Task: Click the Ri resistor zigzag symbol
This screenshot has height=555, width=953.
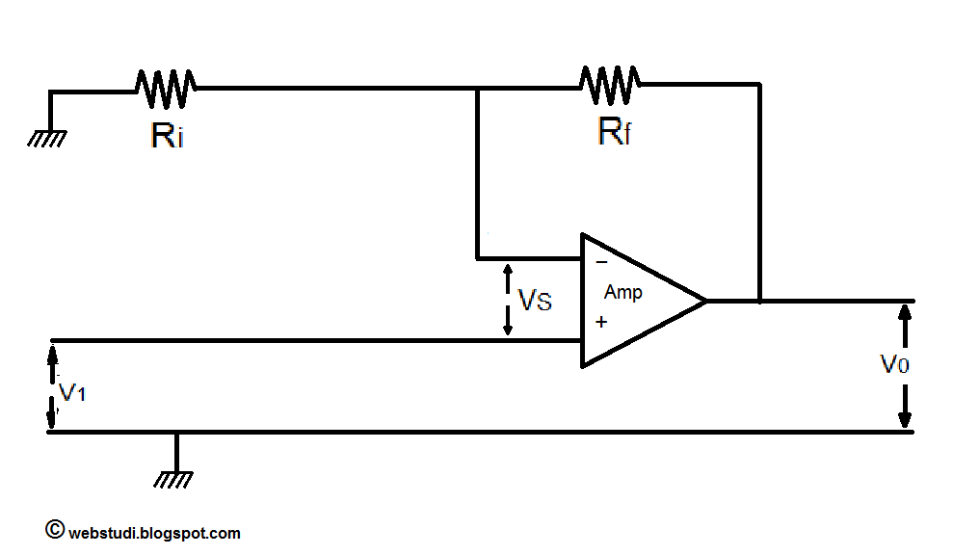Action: point(166,89)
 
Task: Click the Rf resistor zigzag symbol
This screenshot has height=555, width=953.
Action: point(610,84)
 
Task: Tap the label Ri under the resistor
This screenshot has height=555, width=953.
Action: point(167,135)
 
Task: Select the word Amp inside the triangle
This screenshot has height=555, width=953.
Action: point(622,292)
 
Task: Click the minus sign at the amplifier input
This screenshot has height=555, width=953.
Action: point(601,262)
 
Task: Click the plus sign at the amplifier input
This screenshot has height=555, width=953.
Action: point(601,322)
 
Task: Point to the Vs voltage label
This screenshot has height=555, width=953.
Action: point(536,301)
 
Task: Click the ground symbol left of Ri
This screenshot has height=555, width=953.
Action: point(46,137)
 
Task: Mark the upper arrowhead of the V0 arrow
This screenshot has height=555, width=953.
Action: point(904,310)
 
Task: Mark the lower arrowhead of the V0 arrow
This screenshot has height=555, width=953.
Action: point(904,420)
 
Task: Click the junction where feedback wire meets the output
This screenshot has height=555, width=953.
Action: point(760,301)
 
